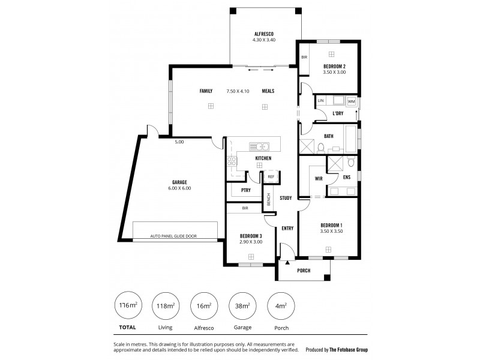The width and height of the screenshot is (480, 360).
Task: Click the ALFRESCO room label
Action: click(x=264, y=34)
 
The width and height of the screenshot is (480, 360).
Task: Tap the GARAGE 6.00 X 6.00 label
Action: click(x=180, y=185)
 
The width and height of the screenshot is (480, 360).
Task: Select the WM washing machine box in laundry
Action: click(x=350, y=102)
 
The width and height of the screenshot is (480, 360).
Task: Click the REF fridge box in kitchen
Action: click(x=271, y=176)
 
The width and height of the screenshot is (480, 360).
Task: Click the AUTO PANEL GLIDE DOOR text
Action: click(x=174, y=236)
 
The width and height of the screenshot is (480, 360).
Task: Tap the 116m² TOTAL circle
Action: click(x=127, y=306)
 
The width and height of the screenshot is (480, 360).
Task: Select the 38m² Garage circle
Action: click(x=242, y=306)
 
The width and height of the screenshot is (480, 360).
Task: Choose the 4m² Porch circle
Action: click(x=281, y=306)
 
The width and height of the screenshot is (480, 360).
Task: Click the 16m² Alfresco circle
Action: click(x=203, y=306)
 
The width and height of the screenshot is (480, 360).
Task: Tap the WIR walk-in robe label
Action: click(x=319, y=178)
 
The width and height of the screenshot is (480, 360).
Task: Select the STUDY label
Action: click(x=286, y=197)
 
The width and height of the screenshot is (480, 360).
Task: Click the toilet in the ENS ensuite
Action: click(x=352, y=162)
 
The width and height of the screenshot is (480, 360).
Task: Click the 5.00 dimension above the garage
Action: click(x=179, y=142)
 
